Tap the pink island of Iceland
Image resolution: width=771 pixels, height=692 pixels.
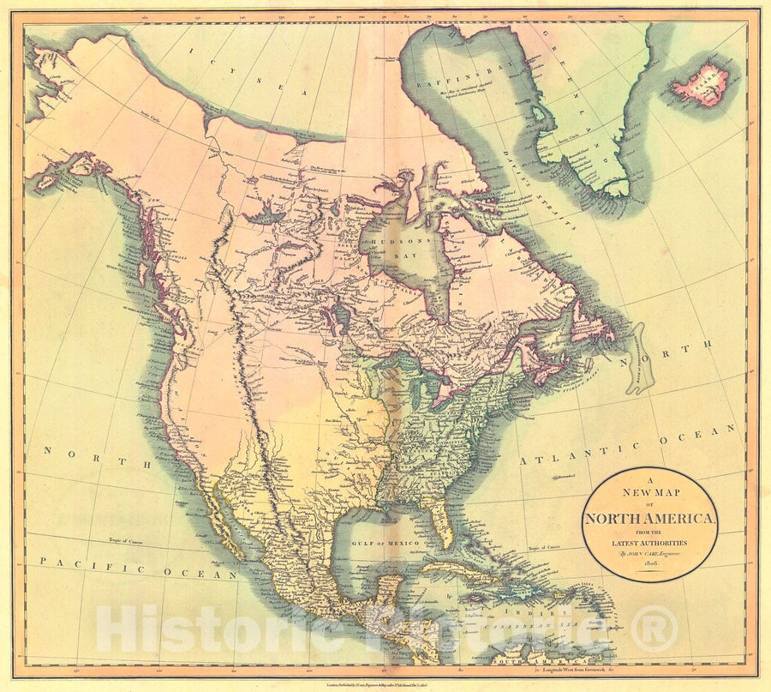pos(701,87)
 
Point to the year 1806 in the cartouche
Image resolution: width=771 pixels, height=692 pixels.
pos(648,566)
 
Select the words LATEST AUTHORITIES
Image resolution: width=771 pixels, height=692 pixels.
pos(649,542)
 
